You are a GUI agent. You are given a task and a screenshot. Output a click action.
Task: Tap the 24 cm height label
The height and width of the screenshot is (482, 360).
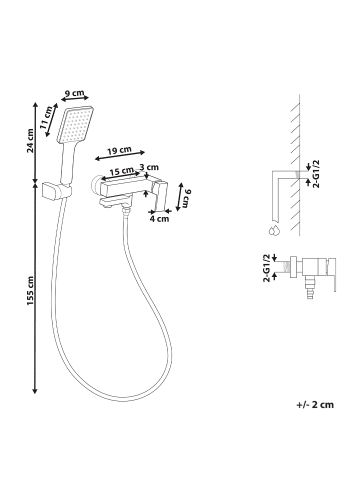coord(30,140)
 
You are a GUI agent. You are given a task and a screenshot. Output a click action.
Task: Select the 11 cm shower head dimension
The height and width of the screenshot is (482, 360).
coord(46,117)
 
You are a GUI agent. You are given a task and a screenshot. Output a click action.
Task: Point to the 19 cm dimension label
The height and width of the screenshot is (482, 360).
coord(119,150)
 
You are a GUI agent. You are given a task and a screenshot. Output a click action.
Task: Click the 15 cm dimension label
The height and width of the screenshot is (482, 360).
coord(121,171)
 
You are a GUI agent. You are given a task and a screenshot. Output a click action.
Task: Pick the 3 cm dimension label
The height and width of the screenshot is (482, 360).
coord(149,167)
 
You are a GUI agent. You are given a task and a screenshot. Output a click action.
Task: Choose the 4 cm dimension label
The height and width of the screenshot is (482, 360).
coord(159,219)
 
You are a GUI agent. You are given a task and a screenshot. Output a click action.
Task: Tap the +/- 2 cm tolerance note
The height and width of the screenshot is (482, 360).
coord(315,405)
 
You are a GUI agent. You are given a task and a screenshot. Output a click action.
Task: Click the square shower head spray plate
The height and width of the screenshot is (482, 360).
coord(76,125)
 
